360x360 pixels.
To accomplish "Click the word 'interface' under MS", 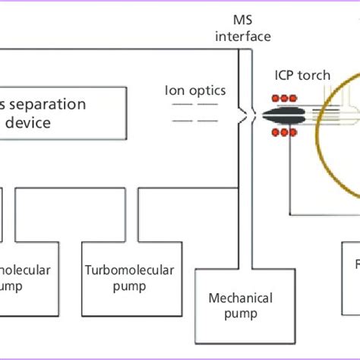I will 243,36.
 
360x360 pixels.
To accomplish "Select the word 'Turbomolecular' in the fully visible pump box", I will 128,270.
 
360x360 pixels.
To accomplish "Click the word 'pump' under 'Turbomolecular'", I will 128,286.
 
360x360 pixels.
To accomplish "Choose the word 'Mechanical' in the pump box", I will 233,298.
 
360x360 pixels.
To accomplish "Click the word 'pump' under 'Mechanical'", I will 233,314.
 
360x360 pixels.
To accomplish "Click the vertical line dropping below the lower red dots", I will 288,175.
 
